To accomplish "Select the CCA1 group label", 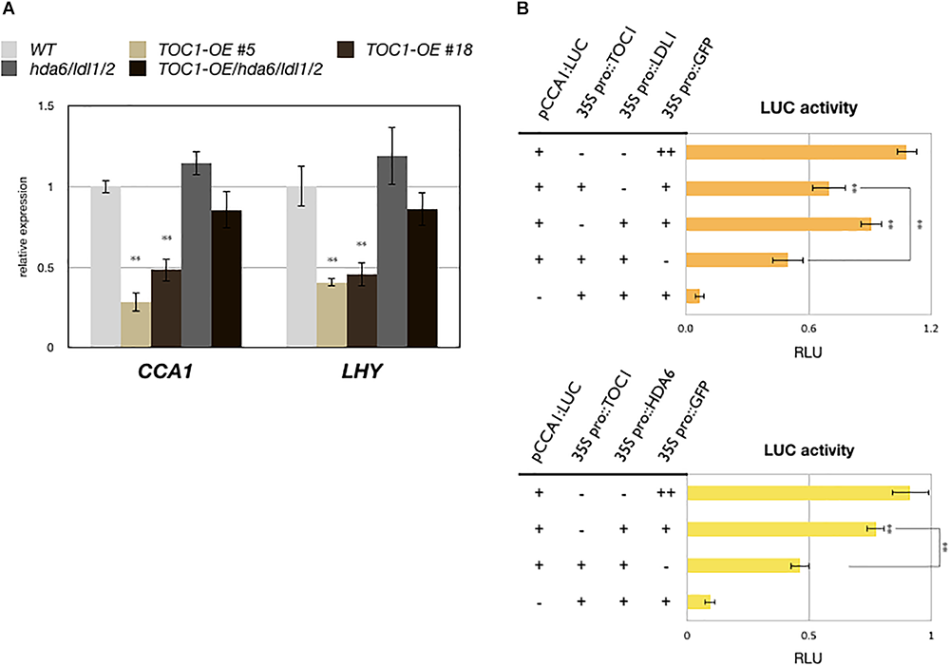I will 166,372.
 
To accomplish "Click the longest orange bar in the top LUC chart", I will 795,152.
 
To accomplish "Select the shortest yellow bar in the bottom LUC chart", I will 698,601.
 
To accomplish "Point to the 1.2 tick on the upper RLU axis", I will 930,327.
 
